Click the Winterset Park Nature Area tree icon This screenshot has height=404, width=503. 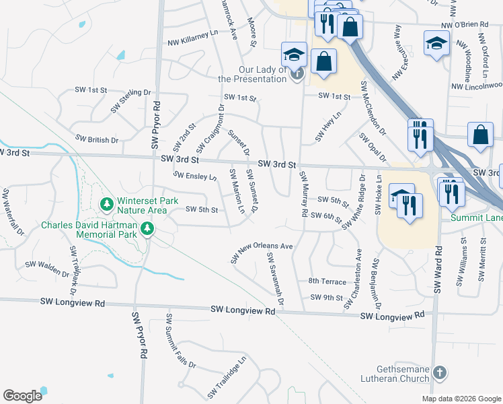coord(106,203)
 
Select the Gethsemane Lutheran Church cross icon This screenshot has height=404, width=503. coord(439,372)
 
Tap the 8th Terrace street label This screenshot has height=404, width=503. coord(327,281)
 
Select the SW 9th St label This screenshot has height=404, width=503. coord(327,297)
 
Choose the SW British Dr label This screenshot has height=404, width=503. coord(97,139)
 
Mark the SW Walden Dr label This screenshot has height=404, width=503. coord(48,269)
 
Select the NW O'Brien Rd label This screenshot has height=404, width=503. coord(465,25)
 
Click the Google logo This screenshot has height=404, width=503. coord(22,396)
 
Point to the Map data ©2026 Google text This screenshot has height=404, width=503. coord(461,399)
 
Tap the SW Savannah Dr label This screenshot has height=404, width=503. coord(276,278)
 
